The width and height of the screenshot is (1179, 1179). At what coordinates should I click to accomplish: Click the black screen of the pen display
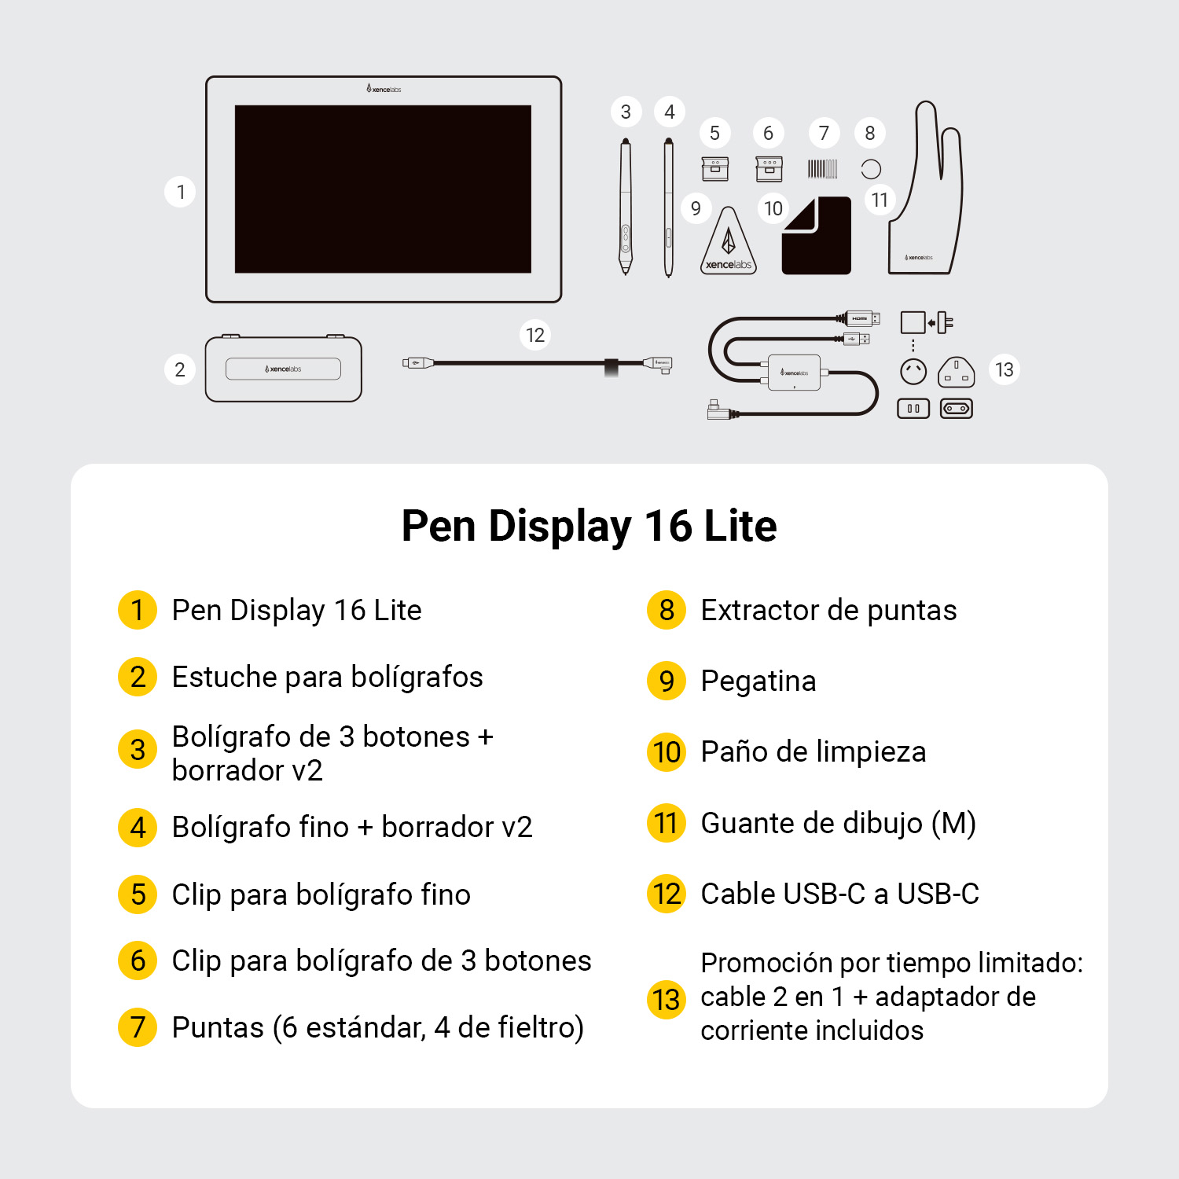point(383,189)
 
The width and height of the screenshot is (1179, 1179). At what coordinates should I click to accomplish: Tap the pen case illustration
point(283,369)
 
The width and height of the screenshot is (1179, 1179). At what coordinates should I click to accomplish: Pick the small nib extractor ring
point(871,169)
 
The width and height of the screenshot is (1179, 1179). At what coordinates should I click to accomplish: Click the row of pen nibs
point(822,169)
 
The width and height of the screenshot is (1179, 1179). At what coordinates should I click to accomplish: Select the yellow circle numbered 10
point(667,752)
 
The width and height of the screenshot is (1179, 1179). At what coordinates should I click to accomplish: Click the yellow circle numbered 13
point(667,1000)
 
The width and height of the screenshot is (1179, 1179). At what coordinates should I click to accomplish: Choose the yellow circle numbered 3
point(138,750)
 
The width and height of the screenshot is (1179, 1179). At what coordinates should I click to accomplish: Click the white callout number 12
point(535,336)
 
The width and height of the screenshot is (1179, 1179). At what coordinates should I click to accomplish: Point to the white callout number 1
point(181,192)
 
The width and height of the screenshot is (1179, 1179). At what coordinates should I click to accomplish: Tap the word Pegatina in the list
point(758,681)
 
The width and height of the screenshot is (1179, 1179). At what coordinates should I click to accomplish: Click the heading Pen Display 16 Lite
point(589,526)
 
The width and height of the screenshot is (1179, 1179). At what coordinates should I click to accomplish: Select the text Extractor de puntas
point(828,611)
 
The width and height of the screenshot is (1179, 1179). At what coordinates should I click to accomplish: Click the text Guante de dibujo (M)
point(838,823)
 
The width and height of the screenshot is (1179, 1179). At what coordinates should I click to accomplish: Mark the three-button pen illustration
point(626,208)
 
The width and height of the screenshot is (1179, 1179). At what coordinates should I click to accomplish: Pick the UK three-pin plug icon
point(956,371)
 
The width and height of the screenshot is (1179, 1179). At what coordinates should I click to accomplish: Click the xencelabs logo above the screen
point(384,89)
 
